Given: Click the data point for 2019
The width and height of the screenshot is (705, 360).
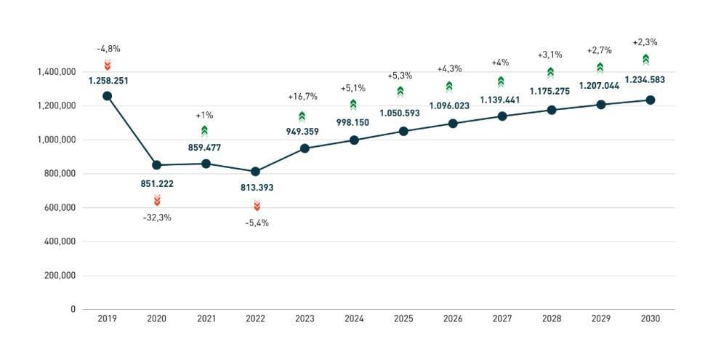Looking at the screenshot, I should pyautogui.click(x=108, y=96).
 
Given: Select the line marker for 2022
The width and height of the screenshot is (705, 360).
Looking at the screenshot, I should pyautogui.click(x=256, y=172).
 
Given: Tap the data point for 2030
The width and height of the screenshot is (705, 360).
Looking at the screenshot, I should pyautogui.click(x=650, y=100).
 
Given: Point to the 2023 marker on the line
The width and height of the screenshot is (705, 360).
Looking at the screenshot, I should pyautogui.click(x=305, y=148).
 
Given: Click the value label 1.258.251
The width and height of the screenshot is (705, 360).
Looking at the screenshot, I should pyautogui.click(x=108, y=81).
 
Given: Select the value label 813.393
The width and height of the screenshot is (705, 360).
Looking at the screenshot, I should pyautogui.click(x=256, y=188).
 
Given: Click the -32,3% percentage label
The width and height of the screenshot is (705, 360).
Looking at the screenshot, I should pyautogui.click(x=157, y=217).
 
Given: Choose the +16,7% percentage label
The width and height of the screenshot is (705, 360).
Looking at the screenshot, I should pyautogui.click(x=302, y=97).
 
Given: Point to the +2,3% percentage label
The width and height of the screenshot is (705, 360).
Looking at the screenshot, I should pyautogui.click(x=645, y=42).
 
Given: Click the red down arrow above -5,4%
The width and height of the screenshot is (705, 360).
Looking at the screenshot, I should pyautogui.click(x=257, y=206).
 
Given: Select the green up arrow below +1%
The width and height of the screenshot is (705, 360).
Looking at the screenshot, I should pyautogui.click(x=205, y=131).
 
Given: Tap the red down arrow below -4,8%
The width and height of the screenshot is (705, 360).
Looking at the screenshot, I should pyautogui.click(x=108, y=65).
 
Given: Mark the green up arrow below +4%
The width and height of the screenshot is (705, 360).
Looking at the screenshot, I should pyautogui.click(x=501, y=82).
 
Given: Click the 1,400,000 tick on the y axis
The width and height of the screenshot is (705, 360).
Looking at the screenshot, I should pyautogui.click(x=56, y=72).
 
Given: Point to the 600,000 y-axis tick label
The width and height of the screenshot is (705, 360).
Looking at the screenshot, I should pyautogui.click(x=60, y=207).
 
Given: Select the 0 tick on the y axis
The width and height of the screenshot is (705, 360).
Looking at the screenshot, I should pyautogui.click(x=73, y=309).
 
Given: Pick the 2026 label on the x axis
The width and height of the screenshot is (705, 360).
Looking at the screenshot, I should pyautogui.click(x=453, y=319).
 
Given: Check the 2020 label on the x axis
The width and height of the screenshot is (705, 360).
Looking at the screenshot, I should pyautogui.click(x=156, y=319).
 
